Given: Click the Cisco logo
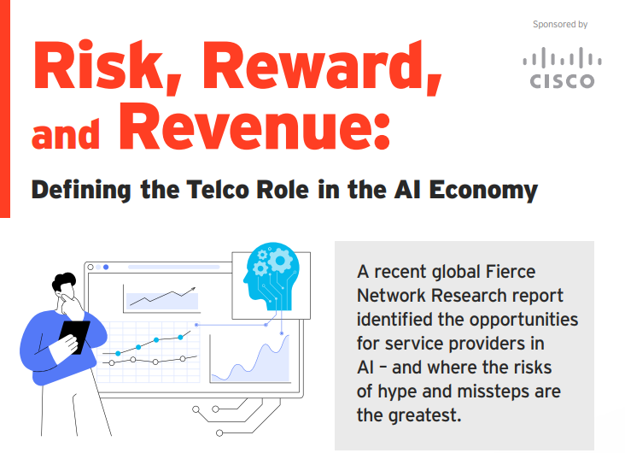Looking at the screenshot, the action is (x=562, y=68).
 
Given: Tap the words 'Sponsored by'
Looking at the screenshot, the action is (x=560, y=24).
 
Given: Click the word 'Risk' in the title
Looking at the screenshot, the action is (x=98, y=65).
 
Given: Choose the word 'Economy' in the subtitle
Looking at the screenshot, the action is (x=483, y=191).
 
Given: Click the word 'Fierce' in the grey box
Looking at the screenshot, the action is (x=511, y=272).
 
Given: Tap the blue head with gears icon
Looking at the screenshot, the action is (x=271, y=276).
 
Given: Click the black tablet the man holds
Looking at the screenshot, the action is (x=75, y=336).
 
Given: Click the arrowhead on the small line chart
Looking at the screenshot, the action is (x=193, y=289).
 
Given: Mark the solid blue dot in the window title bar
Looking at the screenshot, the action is (x=106, y=267).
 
